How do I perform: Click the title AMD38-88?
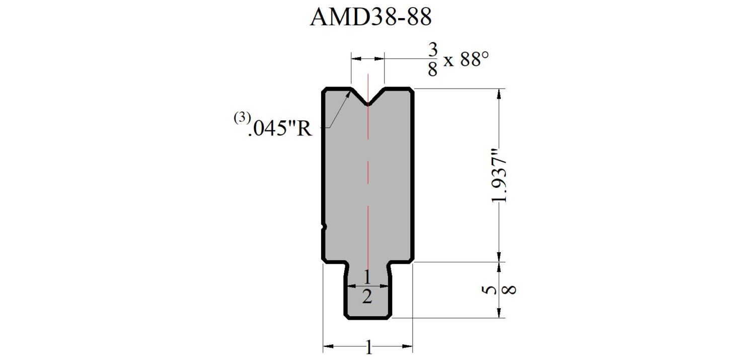point(370,17)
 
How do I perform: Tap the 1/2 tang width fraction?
point(367,287)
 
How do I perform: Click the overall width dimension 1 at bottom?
point(369,347)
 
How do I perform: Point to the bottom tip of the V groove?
point(368,105)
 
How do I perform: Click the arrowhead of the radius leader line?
point(348,95)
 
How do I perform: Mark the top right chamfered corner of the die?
point(412,91)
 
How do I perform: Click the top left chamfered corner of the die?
point(325,91)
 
